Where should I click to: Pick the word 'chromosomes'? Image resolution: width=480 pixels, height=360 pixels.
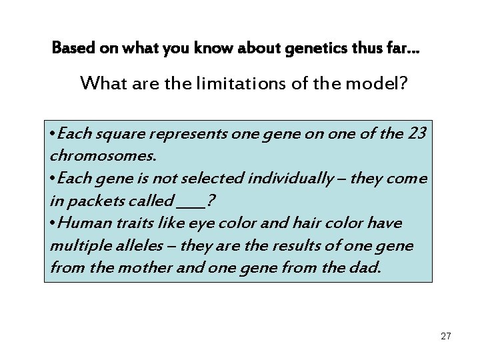pyautogui.click(x=103, y=155)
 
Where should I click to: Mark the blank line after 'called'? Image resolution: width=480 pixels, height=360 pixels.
pyautogui.click(x=193, y=203)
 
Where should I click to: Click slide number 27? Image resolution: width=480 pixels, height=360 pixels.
pyautogui.click(x=446, y=337)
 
